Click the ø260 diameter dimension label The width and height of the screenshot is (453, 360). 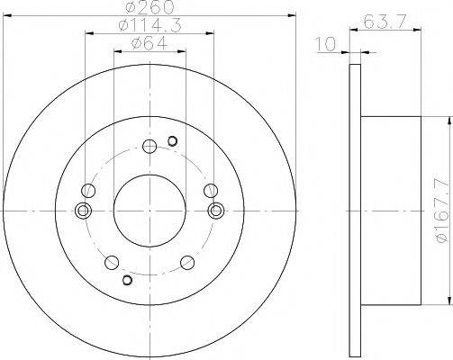point(149,7)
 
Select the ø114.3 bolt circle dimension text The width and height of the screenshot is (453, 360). point(149,25)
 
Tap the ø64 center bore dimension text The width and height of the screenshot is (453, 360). point(149,44)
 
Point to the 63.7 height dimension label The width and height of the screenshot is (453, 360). point(385,22)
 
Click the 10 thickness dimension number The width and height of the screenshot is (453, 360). point(326,45)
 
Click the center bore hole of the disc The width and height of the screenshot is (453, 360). point(149,211)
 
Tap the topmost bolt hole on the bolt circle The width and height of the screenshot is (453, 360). point(149,147)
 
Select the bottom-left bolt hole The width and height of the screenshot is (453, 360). point(112,263)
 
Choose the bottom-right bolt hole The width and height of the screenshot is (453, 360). point(187,263)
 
